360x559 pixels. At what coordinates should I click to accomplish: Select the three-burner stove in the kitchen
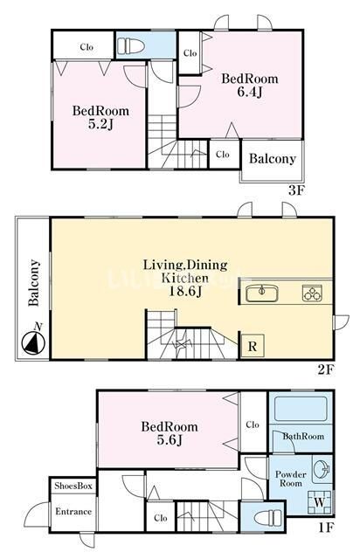[312, 293]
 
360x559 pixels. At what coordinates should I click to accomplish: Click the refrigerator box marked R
[253, 346]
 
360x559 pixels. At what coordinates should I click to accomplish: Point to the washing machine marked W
[319, 502]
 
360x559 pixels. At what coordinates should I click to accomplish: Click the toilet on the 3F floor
[131, 46]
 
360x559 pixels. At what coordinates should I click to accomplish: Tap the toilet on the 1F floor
[268, 517]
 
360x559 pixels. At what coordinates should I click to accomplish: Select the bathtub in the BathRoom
[301, 409]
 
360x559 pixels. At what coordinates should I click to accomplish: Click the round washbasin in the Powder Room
[323, 470]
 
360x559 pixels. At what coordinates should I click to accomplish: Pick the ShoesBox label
[73, 486]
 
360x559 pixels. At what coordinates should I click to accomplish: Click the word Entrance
[73, 512]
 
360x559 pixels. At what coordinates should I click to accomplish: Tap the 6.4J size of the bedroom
[250, 92]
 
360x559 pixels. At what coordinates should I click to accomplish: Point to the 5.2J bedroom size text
[100, 124]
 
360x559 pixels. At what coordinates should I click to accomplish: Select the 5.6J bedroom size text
[170, 440]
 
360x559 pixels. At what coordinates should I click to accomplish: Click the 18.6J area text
[184, 291]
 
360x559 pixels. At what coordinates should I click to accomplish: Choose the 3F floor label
[296, 191]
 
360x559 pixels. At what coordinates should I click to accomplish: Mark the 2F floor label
[325, 370]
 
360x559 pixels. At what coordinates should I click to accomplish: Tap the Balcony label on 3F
[273, 159]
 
